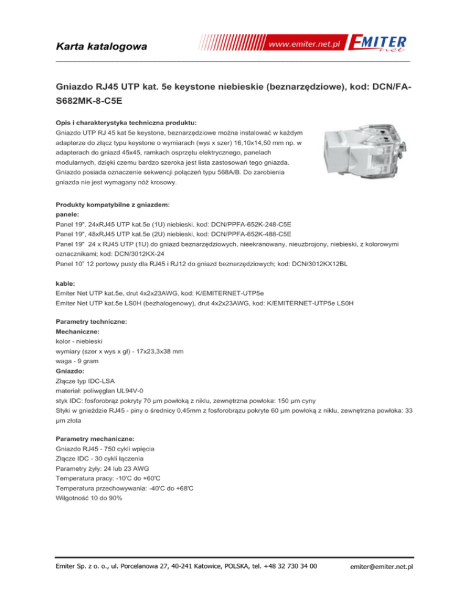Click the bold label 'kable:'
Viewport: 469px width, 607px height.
[65, 283]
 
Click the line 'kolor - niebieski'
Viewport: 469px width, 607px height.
[79, 342]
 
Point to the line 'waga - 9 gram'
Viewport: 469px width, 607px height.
[76, 362]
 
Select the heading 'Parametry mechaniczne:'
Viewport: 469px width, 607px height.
[95, 438]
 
